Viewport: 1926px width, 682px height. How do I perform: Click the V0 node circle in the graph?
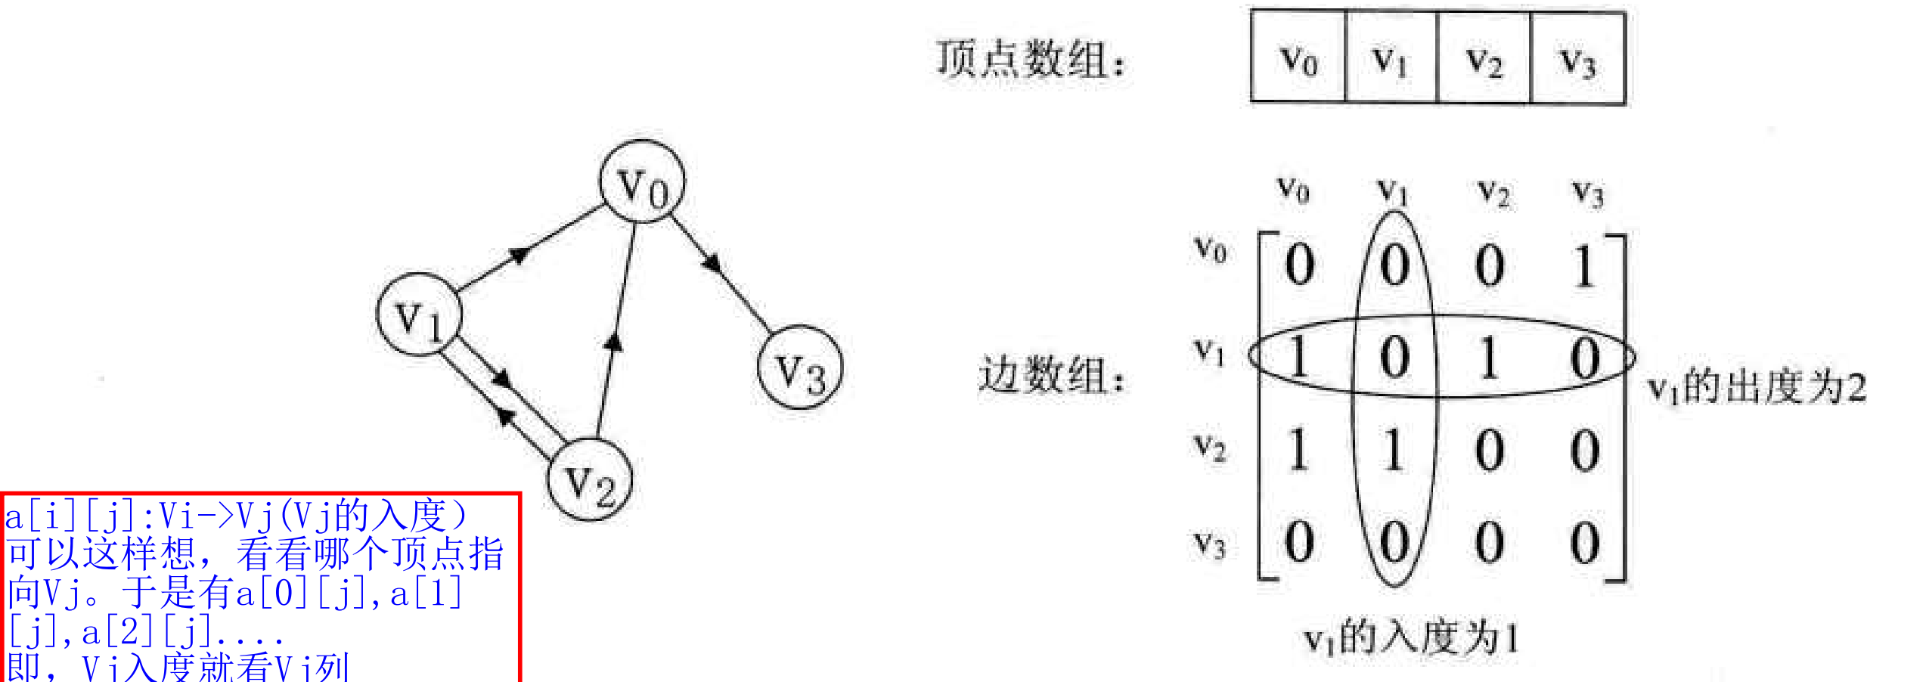(x=642, y=182)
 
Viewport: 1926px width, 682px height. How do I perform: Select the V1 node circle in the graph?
(x=420, y=315)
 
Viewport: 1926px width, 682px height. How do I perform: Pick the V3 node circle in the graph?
(x=800, y=367)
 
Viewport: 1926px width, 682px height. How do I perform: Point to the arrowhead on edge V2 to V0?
(x=613, y=343)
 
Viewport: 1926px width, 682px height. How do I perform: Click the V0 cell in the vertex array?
(x=1298, y=58)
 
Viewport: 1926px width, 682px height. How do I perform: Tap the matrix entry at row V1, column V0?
(x=1299, y=357)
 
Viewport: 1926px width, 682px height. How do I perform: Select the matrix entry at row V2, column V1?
(x=1394, y=451)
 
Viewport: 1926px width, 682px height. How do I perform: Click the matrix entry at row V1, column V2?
(x=1489, y=357)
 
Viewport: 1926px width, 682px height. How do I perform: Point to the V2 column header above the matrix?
(x=1493, y=192)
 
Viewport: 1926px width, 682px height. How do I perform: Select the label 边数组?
(x=1052, y=374)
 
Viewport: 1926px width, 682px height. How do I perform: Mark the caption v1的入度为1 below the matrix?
(x=1411, y=637)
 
